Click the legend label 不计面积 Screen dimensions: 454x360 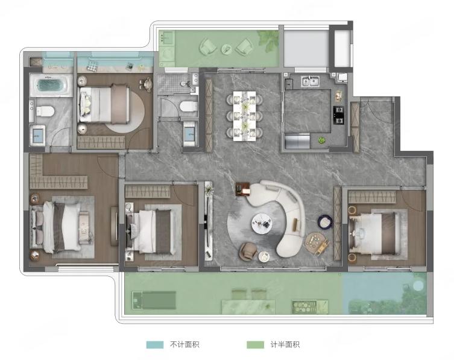click(x=184, y=345)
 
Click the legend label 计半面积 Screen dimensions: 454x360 click(x=285, y=345)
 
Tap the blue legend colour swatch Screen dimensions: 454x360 click(x=155, y=345)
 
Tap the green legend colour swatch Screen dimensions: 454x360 click(x=256, y=345)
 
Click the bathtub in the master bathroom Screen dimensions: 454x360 click(x=51, y=85)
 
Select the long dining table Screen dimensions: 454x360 click(x=245, y=116)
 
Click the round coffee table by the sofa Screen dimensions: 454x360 click(x=262, y=223)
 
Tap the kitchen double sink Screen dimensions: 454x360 click(x=310, y=81)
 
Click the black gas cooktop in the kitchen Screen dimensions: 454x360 click(x=339, y=115)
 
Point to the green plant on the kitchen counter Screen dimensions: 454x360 click(x=321, y=140)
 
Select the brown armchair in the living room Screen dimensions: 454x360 click(x=248, y=250)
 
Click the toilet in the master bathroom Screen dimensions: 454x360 click(x=45, y=111)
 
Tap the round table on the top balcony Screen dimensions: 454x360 click(x=227, y=49)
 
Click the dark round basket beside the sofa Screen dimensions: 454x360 click(x=325, y=222)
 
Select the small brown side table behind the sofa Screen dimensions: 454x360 click(x=242, y=189)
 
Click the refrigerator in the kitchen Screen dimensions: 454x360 click(x=297, y=142)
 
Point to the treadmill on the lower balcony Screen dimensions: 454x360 click(x=154, y=300)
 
